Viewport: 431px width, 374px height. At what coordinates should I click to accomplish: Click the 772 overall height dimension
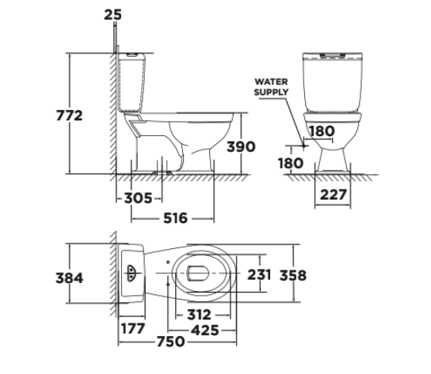click(x=69, y=115)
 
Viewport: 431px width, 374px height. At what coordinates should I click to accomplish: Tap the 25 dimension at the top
click(x=113, y=14)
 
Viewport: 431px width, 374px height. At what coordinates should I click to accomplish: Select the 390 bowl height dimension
click(x=241, y=147)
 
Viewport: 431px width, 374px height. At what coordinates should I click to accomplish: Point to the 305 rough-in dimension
click(x=138, y=198)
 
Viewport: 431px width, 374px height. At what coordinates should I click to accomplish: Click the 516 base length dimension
click(x=175, y=218)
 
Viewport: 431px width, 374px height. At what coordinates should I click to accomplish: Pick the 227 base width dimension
click(x=333, y=195)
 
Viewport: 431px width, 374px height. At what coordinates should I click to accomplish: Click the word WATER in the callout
click(x=271, y=81)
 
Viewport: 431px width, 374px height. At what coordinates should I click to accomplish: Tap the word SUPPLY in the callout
click(x=271, y=92)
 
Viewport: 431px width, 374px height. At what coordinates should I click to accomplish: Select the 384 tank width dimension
click(x=69, y=278)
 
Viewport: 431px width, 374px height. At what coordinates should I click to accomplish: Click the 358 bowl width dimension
click(x=293, y=275)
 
